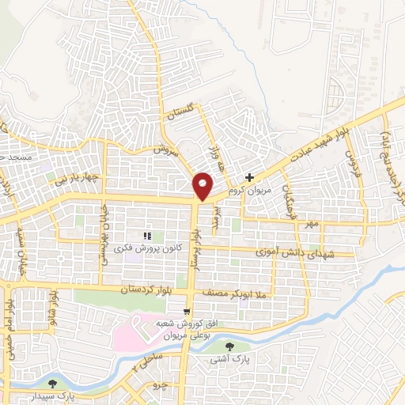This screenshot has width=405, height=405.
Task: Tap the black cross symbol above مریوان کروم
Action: pos(250,177)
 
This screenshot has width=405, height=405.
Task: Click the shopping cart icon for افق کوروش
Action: pos(187,312)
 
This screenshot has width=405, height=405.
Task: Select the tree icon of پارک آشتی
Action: pos(230,346)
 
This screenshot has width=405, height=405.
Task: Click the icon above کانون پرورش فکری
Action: pos(146,236)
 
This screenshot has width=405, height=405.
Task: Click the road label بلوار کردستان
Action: pos(123,291)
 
